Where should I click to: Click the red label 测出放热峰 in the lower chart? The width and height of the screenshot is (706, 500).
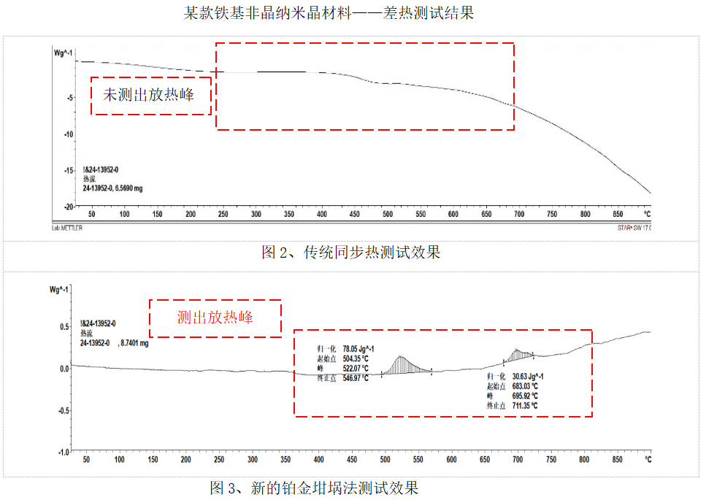point(215,318)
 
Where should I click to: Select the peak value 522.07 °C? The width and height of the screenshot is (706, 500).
point(355,368)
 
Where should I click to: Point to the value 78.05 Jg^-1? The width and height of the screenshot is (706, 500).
point(358,349)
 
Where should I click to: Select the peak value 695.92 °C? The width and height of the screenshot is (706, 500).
point(525,396)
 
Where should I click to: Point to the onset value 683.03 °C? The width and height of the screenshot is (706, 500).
point(525,386)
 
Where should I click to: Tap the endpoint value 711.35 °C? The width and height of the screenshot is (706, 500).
point(525,405)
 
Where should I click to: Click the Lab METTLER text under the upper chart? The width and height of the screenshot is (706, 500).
point(67,228)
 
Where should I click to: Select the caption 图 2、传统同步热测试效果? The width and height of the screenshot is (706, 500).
point(351,253)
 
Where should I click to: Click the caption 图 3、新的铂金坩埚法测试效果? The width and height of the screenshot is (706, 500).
point(314,488)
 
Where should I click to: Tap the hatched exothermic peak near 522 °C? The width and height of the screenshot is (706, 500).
point(402,365)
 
